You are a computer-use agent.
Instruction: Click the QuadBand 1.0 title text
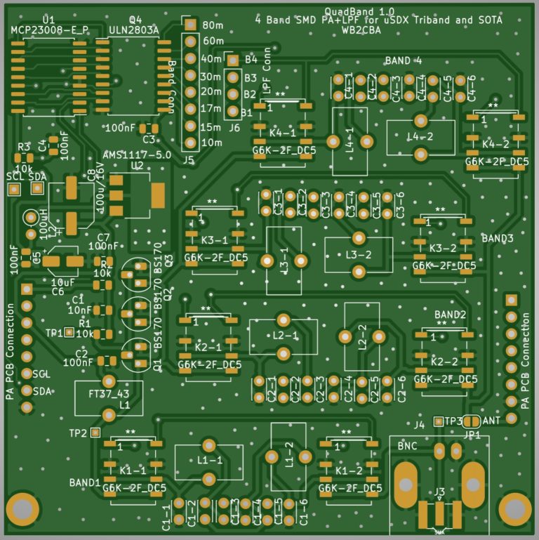(x=359, y=11)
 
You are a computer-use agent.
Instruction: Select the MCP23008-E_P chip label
(x=50, y=29)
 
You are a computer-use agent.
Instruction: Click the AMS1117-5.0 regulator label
(x=136, y=154)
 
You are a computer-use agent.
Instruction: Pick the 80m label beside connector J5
(x=211, y=25)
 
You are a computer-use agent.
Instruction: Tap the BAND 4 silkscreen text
(x=404, y=61)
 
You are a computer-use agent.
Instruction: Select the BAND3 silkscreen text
(x=498, y=239)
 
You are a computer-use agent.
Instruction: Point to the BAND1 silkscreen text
(x=84, y=483)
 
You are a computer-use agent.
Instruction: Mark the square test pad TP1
(x=69, y=332)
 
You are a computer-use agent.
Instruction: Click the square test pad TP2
(x=95, y=432)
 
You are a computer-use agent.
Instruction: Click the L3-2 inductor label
(x=358, y=253)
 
